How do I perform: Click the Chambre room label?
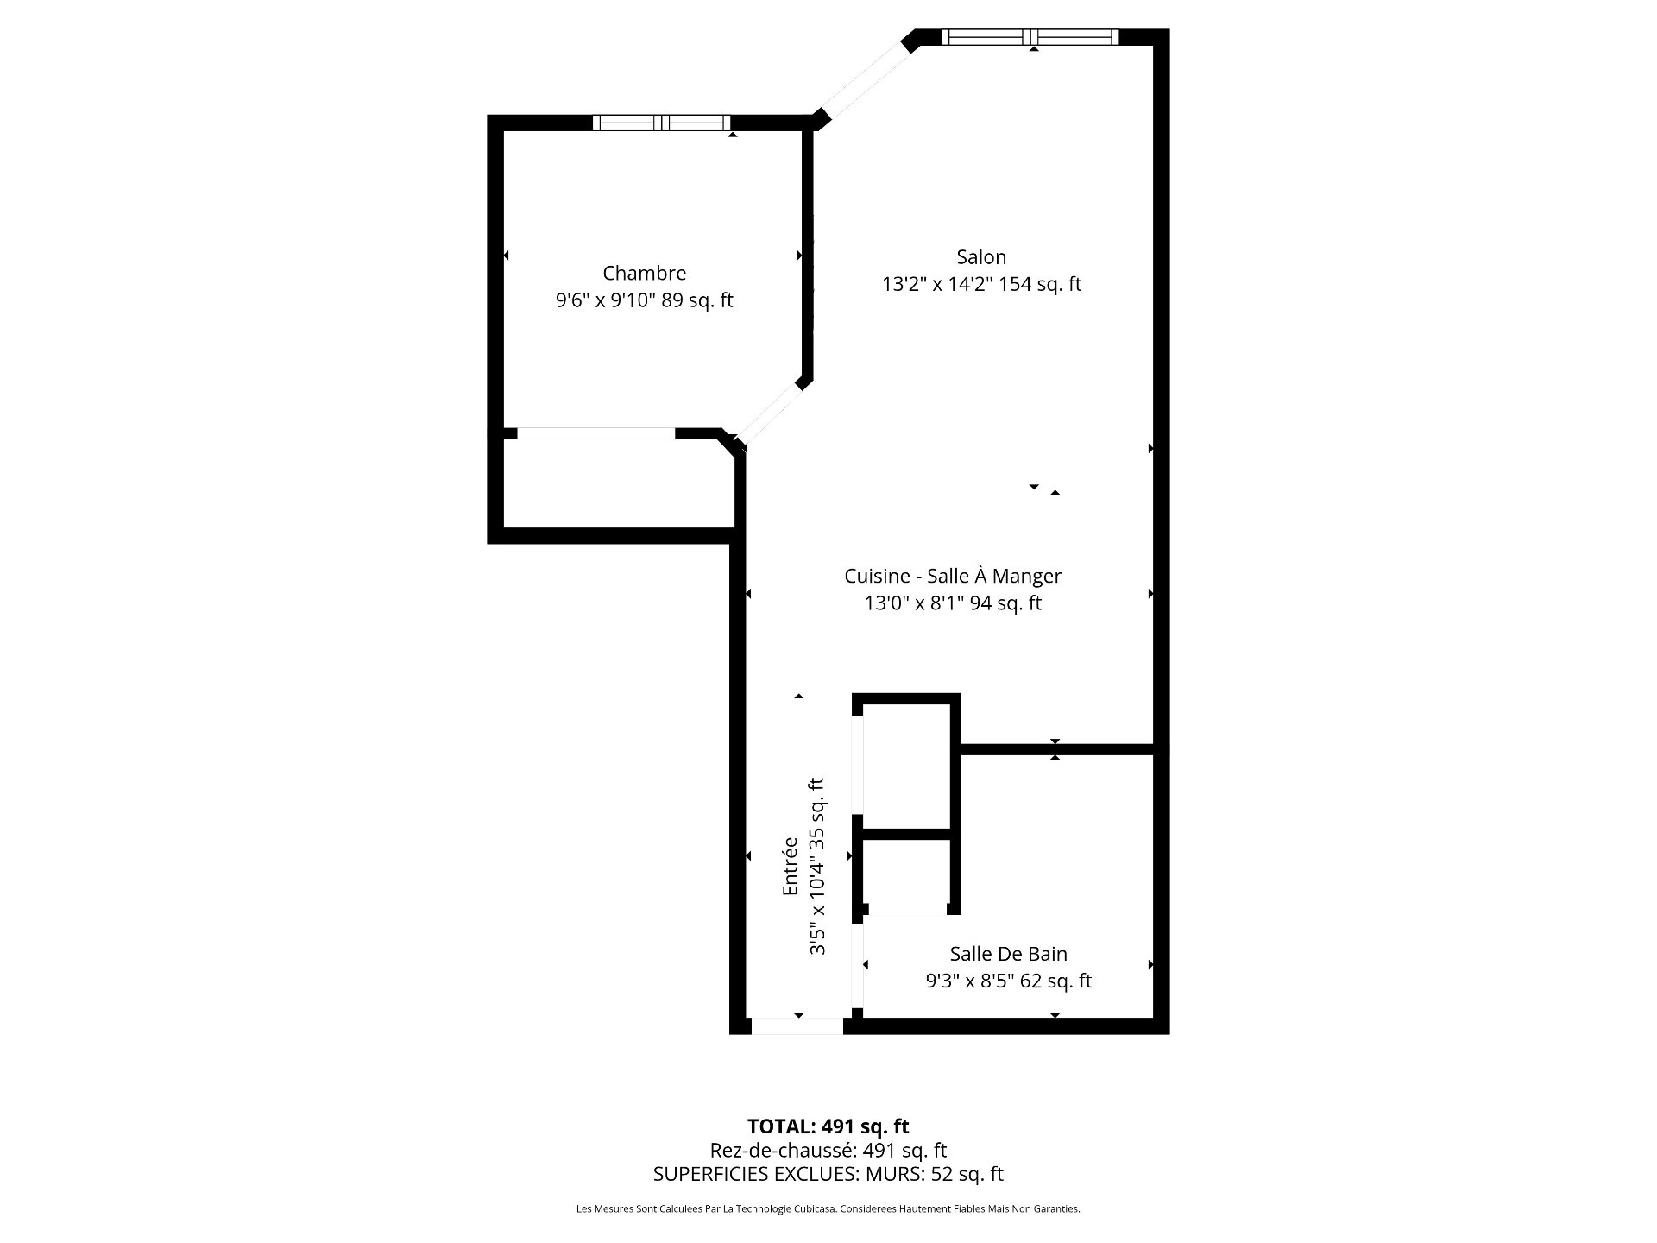[x=644, y=273]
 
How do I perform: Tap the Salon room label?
[x=981, y=256]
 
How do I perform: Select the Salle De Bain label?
[x=1008, y=954]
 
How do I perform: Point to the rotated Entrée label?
[x=790, y=866]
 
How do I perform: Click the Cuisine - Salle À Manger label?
[x=953, y=576]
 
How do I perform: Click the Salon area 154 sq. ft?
[x=1040, y=284]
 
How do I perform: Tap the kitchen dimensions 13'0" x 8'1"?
[x=915, y=603]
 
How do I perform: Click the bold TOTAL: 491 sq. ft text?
[x=828, y=1126]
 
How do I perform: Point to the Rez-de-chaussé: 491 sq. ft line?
[x=828, y=1150]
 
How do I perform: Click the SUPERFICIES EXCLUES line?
[x=828, y=1174]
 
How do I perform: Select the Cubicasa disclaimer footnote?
[x=828, y=1209]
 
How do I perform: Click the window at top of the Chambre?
[x=662, y=123]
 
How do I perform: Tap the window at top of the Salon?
[x=1030, y=37]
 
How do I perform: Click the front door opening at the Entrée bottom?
[x=797, y=1026]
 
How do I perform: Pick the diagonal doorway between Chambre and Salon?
[x=772, y=415]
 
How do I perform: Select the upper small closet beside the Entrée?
[x=906, y=767]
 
